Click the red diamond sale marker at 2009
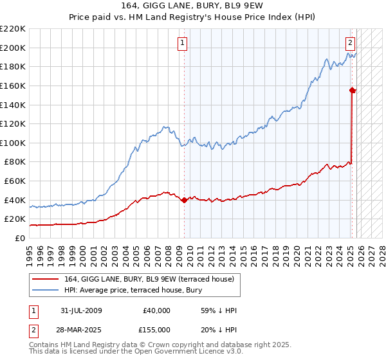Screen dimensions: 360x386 (185, 200)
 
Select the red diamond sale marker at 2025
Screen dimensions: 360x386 (353, 90)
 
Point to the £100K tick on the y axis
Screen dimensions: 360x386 (13, 143)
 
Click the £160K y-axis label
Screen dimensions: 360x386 (13, 85)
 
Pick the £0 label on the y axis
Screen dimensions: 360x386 (19, 238)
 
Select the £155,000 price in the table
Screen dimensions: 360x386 (156, 330)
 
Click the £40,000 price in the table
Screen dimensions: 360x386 (156, 310)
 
